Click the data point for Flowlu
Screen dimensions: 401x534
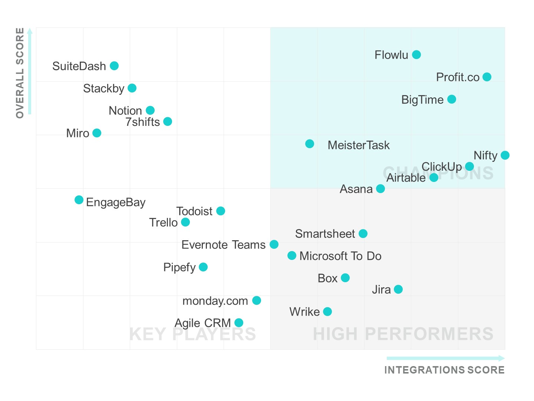tap(416, 55)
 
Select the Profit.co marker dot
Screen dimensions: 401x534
tap(487, 77)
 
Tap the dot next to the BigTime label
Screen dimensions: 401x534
tap(452, 99)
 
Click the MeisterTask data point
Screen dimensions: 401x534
tap(310, 144)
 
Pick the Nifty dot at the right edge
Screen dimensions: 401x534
tap(505, 155)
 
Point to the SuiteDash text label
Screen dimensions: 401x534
tap(79, 66)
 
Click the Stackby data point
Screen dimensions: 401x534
tap(132, 88)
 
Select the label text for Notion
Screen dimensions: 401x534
tap(125, 111)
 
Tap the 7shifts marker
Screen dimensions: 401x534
tap(168, 121)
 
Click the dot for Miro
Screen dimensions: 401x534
tap(97, 133)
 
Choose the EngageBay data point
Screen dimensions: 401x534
tap(79, 200)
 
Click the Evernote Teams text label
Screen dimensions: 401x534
tap(223, 245)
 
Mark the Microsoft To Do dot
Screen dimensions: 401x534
tap(292, 255)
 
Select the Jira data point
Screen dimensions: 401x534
tap(398, 289)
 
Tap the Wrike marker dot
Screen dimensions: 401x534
tap(327, 312)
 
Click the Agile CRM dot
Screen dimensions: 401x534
tap(239, 323)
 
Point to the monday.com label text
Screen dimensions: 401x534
tap(215, 301)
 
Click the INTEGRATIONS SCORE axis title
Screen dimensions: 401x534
tap(444, 370)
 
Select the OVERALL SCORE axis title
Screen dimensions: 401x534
tap(20, 73)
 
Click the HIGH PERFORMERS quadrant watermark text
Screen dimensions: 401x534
tap(403, 334)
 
